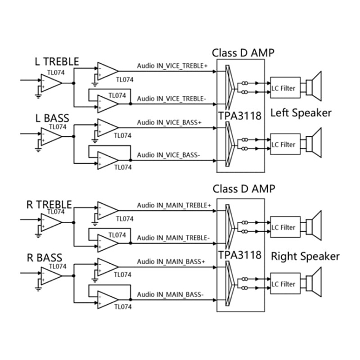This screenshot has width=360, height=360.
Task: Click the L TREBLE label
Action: click(57, 62)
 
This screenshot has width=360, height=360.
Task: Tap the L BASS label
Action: click(52, 118)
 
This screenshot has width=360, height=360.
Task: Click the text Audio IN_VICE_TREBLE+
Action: click(172, 66)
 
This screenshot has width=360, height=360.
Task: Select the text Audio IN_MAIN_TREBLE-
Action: click(172, 238)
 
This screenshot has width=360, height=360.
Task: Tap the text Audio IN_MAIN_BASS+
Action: click(171, 261)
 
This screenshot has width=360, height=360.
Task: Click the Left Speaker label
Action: click(301, 113)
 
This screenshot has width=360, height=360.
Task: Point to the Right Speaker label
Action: click(305, 256)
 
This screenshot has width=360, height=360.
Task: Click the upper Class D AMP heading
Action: click(243, 53)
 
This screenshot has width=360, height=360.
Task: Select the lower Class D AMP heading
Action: click(243, 189)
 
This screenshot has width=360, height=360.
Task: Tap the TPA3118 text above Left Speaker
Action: click(240, 116)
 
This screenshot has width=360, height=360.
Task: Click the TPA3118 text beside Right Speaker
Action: click(240, 255)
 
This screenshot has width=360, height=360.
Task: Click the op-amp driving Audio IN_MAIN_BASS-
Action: click(107, 298)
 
